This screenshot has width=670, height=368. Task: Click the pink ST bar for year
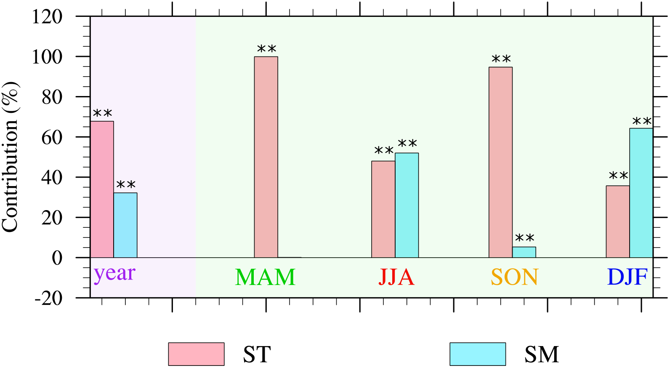point(102,189)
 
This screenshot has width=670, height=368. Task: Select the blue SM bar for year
point(125,225)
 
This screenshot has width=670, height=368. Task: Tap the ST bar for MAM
point(266,157)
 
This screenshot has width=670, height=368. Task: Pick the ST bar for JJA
point(383,209)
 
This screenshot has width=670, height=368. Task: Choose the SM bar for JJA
point(407,205)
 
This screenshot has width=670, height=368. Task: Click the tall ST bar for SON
point(500,162)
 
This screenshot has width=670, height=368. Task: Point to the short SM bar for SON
point(524,252)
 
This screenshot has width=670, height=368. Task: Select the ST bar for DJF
point(618,221)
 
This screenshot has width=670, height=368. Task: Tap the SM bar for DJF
point(641,193)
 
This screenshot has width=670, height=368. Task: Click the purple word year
point(114,274)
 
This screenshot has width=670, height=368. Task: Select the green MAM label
point(265,277)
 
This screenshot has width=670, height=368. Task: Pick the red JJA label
point(396,277)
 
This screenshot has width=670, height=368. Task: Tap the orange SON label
point(514,277)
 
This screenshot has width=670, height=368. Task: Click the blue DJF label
point(627,277)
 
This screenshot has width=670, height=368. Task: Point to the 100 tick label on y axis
point(47,57)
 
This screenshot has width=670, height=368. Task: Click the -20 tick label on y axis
point(48,298)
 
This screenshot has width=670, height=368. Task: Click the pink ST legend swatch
point(196,354)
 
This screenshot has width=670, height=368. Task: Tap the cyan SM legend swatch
point(478,354)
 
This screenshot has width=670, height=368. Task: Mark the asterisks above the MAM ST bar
point(266,49)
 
